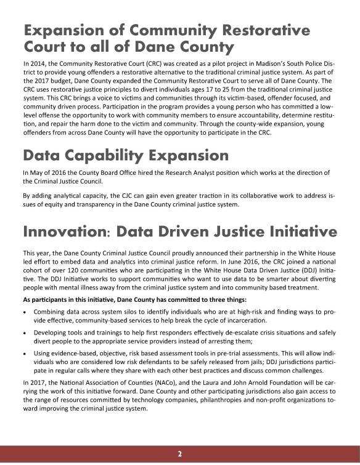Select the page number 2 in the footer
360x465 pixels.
coord(180,454)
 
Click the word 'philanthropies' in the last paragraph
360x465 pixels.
coord(194,402)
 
